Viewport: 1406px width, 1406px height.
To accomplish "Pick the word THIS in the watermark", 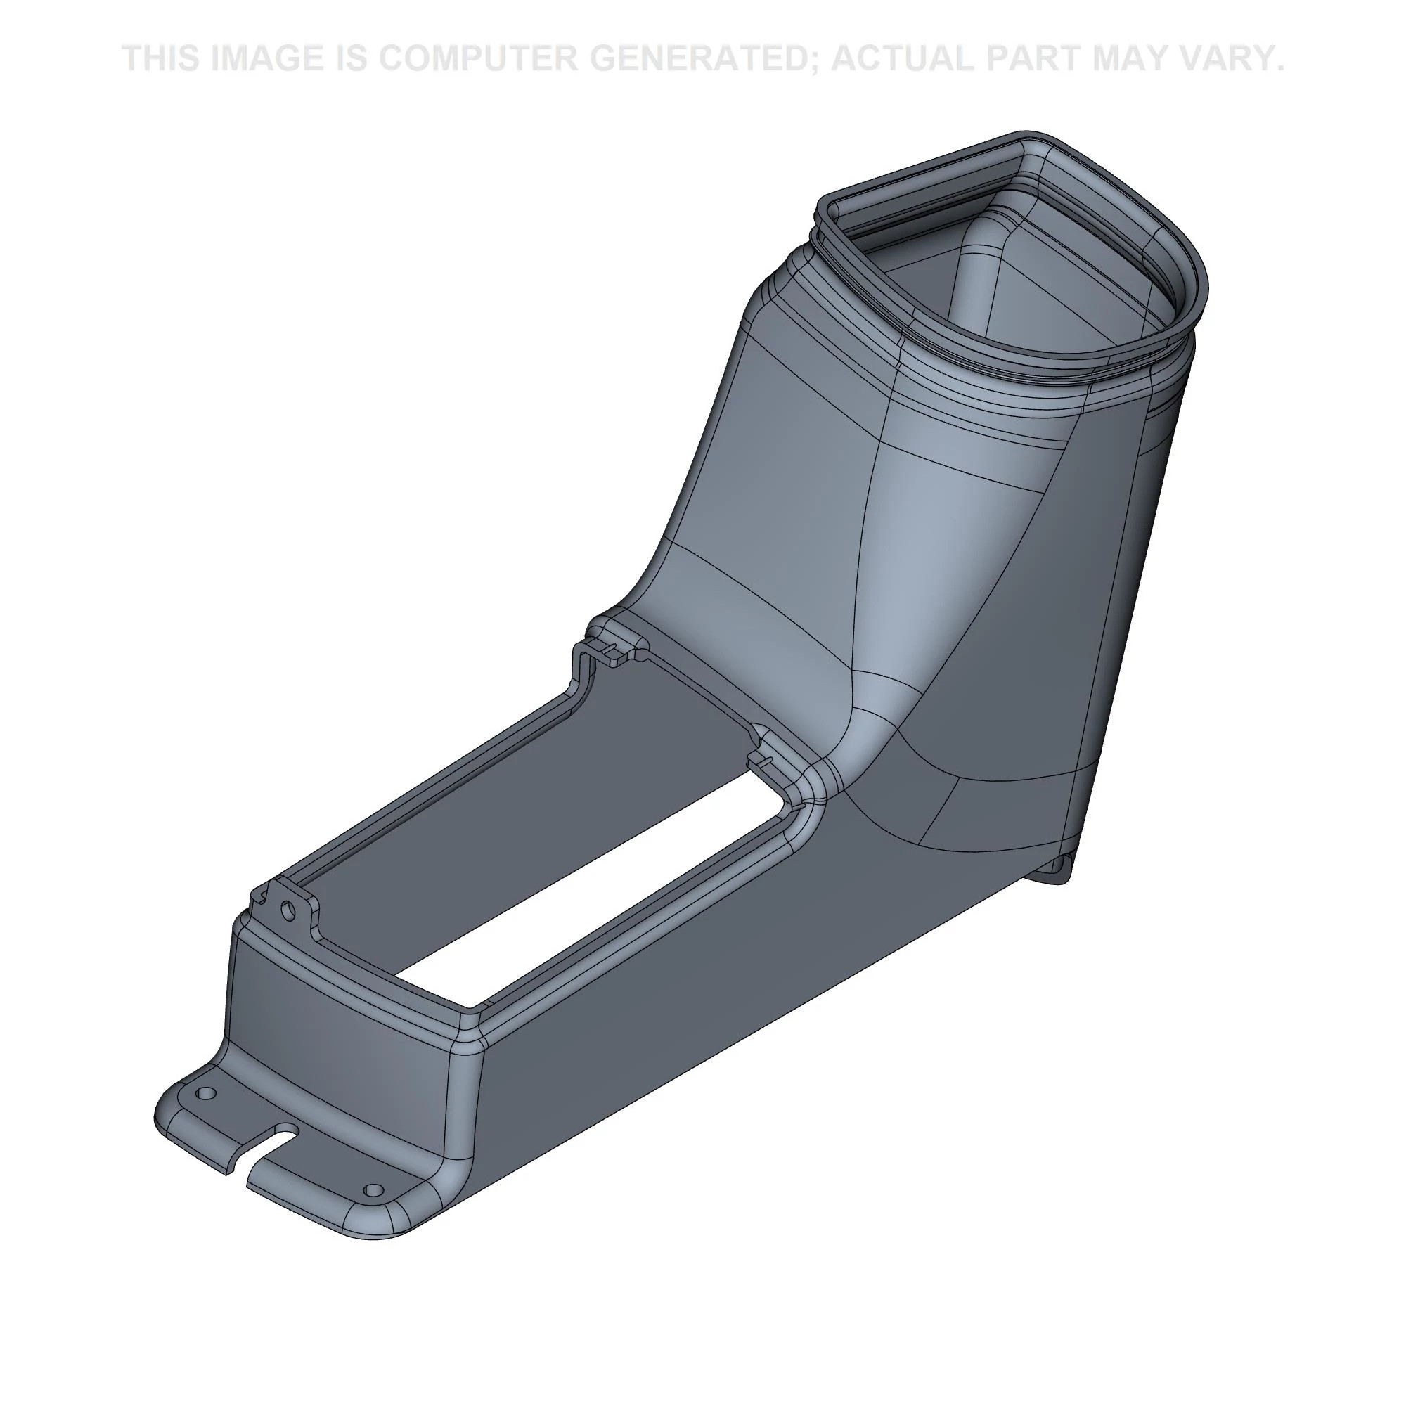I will [x=163, y=58].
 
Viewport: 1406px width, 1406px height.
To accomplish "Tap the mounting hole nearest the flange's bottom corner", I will [x=373, y=1191].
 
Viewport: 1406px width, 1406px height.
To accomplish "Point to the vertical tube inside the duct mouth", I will [x=975, y=291].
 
